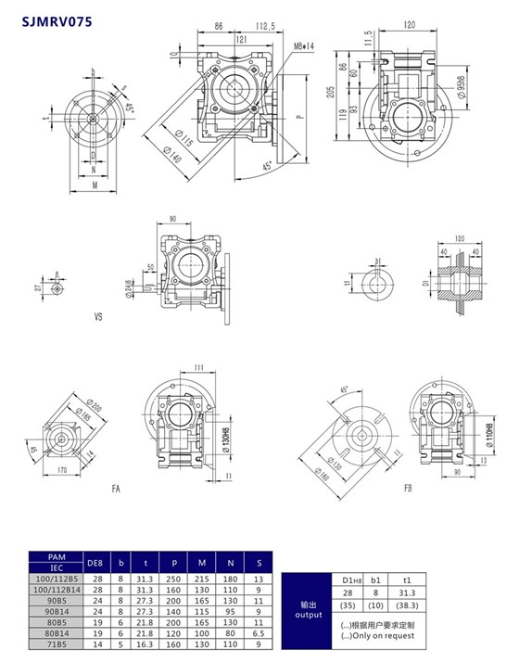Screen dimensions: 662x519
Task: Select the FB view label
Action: (x=409, y=488)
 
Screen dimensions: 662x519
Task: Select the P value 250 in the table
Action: (x=173, y=578)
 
